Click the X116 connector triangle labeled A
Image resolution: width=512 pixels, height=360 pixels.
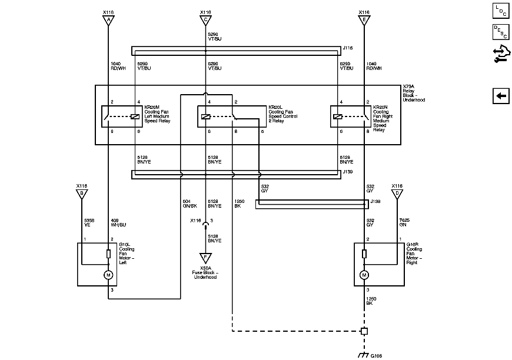click(x=108, y=21)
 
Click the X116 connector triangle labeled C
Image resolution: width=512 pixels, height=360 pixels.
click(x=206, y=21)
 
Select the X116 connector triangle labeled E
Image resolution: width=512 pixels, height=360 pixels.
click(x=364, y=21)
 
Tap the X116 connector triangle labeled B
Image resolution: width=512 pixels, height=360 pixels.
click(x=82, y=195)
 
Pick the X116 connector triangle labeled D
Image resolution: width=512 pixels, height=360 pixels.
click(x=397, y=195)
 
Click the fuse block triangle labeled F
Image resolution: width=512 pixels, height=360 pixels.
click(x=206, y=258)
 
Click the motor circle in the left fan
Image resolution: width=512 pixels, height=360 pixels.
click(x=108, y=275)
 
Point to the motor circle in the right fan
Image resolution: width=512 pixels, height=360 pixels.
click(x=364, y=275)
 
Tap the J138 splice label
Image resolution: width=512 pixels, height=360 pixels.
click(x=375, y=201)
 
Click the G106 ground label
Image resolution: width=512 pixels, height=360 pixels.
click(x=375, y=356)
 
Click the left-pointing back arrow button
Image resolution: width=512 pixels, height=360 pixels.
click(x=501, y=96)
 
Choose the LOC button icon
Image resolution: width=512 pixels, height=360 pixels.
click(x=501, y=10)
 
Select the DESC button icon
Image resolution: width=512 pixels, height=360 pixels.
click(x=501, y=32)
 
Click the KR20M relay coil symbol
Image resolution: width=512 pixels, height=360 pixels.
click(x=135, y=116)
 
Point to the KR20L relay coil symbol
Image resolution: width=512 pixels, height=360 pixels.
click(x=206, y=116)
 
